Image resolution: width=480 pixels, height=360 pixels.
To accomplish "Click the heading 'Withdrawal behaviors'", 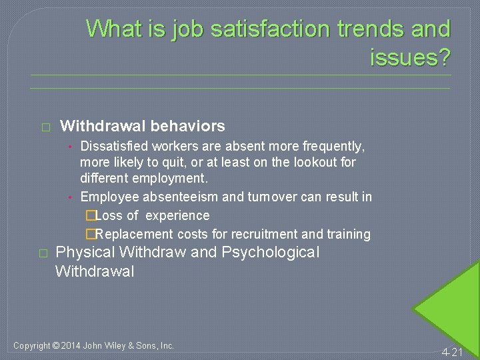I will [x=142, y=126].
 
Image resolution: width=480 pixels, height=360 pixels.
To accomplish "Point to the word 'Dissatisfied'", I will [x=114, y=145].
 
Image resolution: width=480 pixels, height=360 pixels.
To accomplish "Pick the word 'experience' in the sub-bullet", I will [x=177, y=215].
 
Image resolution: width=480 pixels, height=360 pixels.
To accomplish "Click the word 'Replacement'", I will [x=134, y=234].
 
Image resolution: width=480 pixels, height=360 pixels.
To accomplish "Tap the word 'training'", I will [x=347, y=234].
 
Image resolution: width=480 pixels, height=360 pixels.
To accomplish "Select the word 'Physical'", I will [x=85, y=253].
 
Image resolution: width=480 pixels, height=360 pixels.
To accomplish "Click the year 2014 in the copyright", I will [x=70, y=345].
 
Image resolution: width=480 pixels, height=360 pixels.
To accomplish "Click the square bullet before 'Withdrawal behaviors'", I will [x=45, y=127].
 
